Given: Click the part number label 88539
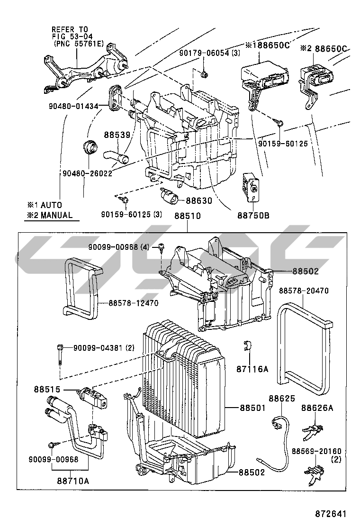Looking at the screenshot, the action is point(117,135).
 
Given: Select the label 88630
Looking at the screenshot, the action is point(199,200).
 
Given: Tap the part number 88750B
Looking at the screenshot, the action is point(253,216).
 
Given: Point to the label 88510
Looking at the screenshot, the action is point(188,216).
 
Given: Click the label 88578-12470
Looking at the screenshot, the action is point(133,303).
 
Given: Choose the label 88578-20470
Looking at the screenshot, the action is point(304,291).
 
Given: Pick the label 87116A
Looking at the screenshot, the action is point(252,369).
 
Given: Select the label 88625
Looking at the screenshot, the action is point(282,398).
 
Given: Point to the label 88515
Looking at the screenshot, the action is point(47,389).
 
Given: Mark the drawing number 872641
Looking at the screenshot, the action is point(331,514).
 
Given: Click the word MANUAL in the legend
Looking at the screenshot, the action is point(56,215).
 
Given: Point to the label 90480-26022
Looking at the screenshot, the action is point(87,173).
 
